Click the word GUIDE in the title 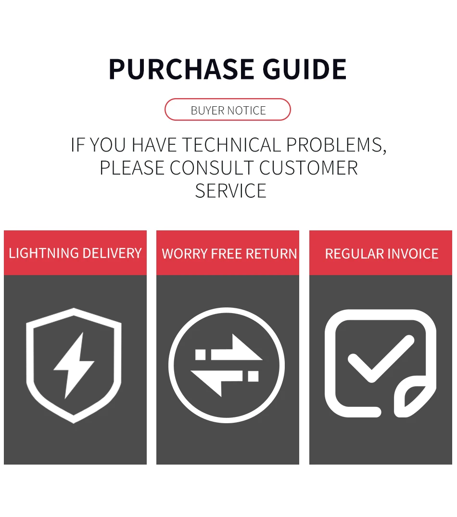305,69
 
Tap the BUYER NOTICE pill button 228,110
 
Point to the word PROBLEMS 336,145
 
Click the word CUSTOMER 308,168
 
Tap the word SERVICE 230,191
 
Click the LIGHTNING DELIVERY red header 75,253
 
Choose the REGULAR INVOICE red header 381,253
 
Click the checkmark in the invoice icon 380,358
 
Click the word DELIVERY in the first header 112,253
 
